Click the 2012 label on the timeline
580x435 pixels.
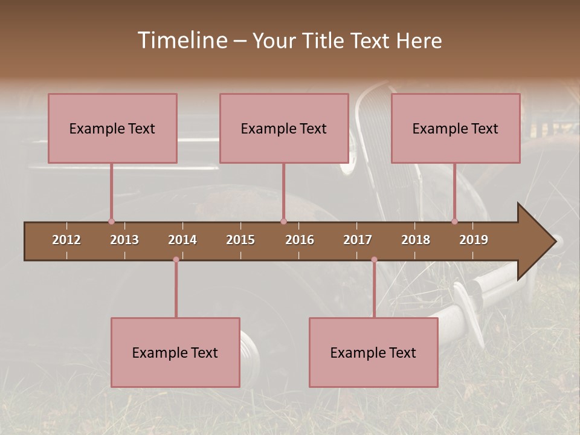click(66, 240)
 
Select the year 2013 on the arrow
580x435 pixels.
click(124, 240)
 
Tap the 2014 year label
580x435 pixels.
click(182, 240)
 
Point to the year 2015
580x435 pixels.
click(240, 240)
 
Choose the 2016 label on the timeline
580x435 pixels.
click(300, 240)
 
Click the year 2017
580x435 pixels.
click(358, 240)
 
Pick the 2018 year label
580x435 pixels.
click(416, 240)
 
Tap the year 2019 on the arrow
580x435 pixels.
click(474, 240)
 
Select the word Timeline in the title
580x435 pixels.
click(181, 40)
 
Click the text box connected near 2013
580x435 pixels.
click(112, 128)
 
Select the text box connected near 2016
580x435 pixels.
click(284, 128)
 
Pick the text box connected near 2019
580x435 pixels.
click(456, 128)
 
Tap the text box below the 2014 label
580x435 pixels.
click(175, 352)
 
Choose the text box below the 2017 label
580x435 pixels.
click(373, 352)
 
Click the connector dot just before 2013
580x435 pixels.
click(111, 221)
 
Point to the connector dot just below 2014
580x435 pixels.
click(176, 260)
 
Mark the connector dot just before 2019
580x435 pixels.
click(454, 221)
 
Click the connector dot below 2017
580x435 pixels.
click(374, 260)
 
